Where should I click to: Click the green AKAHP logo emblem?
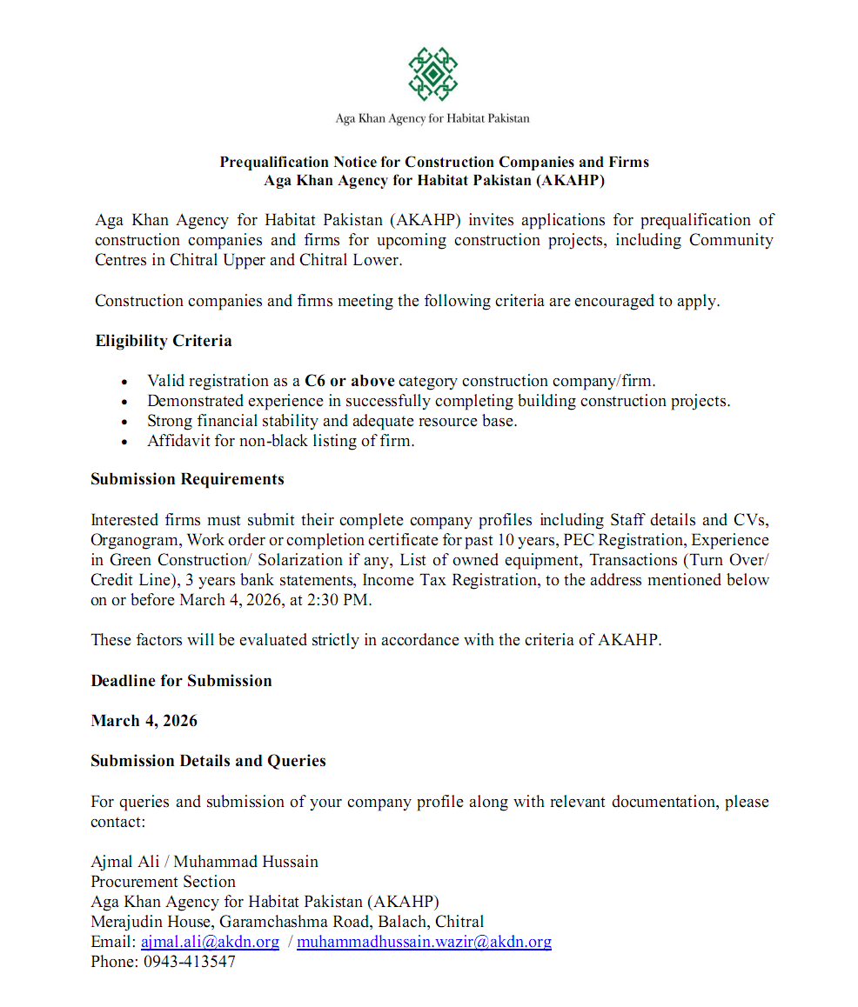(432, 74)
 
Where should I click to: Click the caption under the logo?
(432, 118)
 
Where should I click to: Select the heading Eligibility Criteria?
(164, 341)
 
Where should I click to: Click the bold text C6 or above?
(350, 381)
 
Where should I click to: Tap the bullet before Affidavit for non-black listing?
(126, 442)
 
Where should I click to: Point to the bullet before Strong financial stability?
(126, 422)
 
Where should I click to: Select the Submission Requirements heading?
(187, 479)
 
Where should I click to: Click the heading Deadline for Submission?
(181, 681)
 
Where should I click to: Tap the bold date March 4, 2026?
(144, 721)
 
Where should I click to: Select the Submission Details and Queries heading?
(208, 761)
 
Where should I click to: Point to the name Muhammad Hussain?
(246, 862)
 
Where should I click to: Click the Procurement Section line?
(163, 882)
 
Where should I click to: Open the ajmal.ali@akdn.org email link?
(210, 942)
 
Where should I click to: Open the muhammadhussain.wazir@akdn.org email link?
(424, 942)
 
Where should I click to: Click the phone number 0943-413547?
(189, 962)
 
